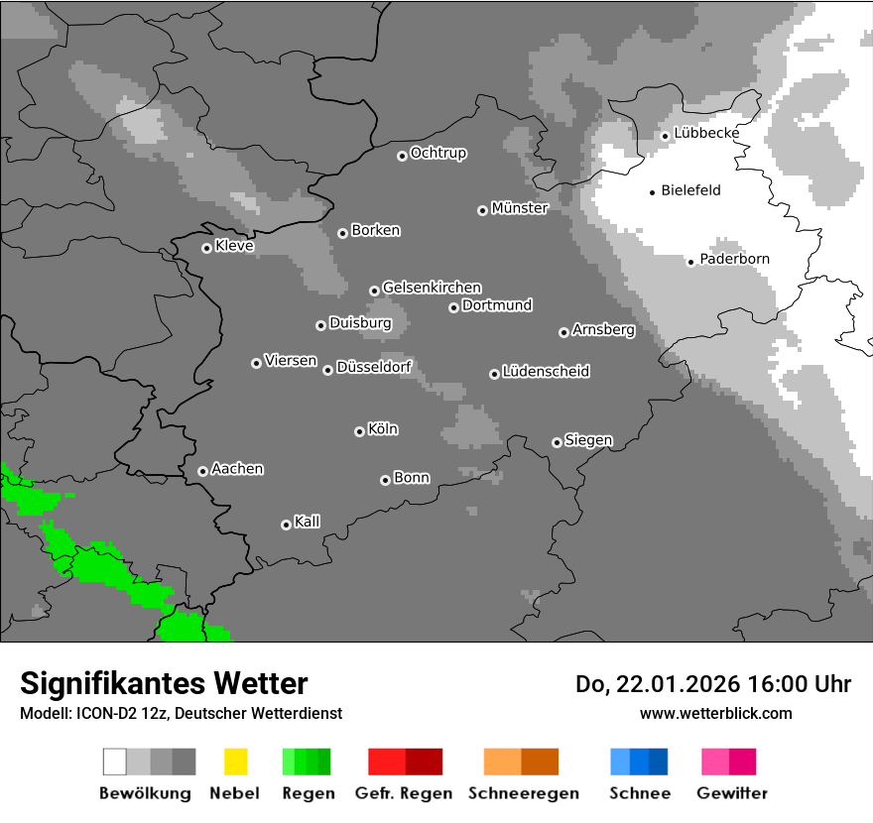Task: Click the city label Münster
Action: click(x=520, y=208)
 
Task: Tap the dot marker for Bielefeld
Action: click(x=652, y=192)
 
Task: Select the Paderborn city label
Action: click(x=734, y=259)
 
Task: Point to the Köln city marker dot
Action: click(x=359, y=431)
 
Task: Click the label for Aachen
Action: click(x=237, y=469)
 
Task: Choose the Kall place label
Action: click(x=307, y=522)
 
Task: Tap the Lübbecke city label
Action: click(x=706, y=133)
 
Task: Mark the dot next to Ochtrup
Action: click(x=402, y=156)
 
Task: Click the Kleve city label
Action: click(x=234, y=246)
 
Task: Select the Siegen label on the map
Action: click(x=588, y=440)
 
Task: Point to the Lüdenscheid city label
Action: click(x=546, y=372)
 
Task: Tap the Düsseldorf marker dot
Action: click(x=327, y=370)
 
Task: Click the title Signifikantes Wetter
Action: click(x=164, y=683)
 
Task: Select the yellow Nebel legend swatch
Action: click(x=235, y=762)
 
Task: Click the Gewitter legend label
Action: click(x=732, y=793)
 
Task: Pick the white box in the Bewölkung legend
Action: click(x=114, y=762)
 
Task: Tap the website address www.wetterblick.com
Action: click(x=715, y=713)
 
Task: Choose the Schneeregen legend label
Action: click(x=523, y=793)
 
